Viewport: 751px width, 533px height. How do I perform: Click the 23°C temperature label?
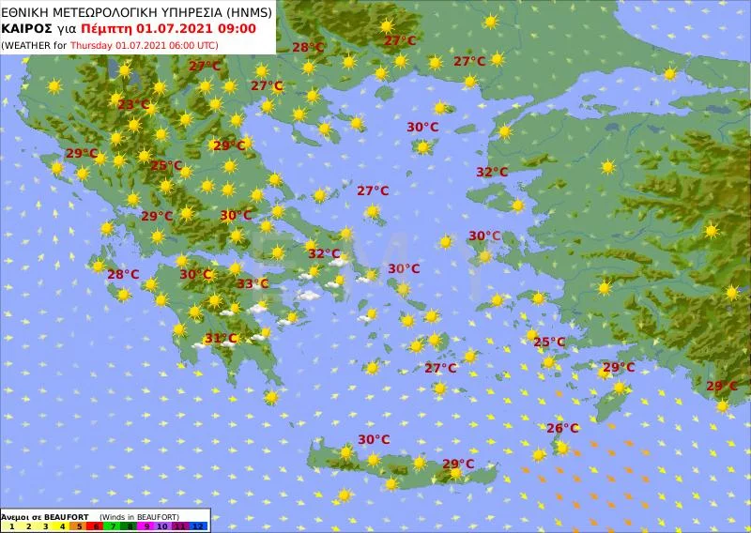tap(133, 104)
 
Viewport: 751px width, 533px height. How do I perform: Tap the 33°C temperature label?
tap(252, 283)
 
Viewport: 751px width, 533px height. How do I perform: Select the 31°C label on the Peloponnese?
tap(221, 338)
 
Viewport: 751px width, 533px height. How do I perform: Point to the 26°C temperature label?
tap(562, 428)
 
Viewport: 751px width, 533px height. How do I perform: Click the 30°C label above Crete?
tap(374, 439)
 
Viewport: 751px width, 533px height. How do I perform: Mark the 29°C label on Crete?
tap(458, 464)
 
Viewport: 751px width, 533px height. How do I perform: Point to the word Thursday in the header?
tap(95, 44)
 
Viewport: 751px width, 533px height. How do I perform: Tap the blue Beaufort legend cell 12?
tap(198, 527)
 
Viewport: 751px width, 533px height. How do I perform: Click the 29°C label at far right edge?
tap(721, 386)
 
